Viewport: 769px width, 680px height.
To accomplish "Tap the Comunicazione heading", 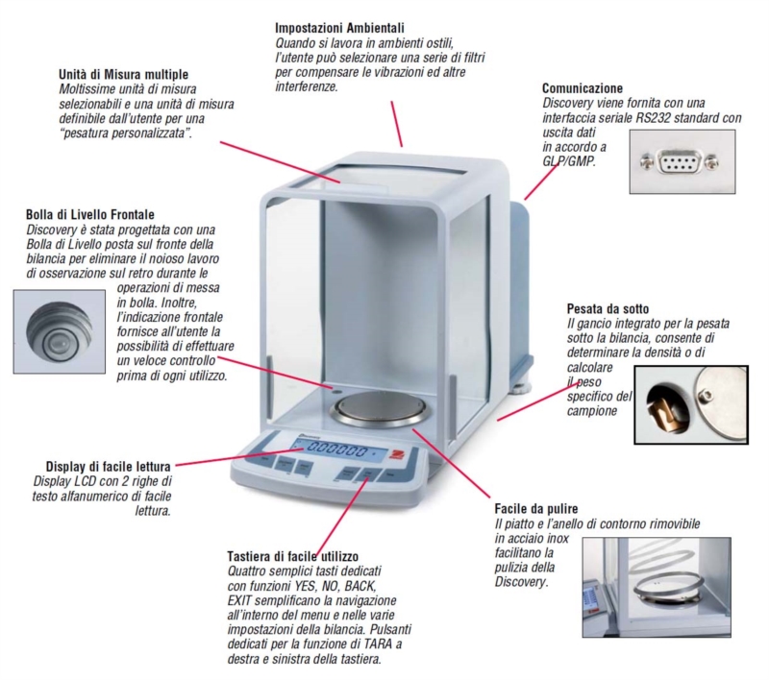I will [583, 88].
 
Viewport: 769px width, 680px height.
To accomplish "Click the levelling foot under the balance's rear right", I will [522, 390].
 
